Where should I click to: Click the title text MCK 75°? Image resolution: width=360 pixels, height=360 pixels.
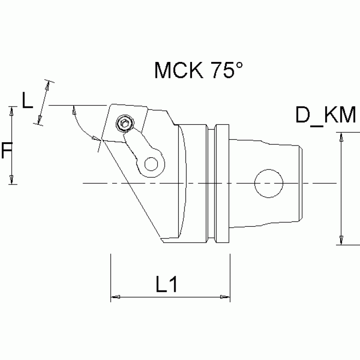pyautogui.click(x=199, y=71)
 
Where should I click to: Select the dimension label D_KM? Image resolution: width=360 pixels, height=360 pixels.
pyautogui.click(x=325, y=115)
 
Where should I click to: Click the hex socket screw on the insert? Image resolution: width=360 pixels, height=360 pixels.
pyautogui.click(x=125, y=124)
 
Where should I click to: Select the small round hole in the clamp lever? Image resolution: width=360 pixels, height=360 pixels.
pyautogui.click(x=151, y=164)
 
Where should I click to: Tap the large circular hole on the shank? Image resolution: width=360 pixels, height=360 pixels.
pyautogui.click(x=268, y=184)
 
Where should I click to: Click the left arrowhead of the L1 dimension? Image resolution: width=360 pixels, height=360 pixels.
pyautogui.click(x=115, y=297)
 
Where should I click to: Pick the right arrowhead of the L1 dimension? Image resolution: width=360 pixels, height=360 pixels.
pyautogui.click(x=225, y=297)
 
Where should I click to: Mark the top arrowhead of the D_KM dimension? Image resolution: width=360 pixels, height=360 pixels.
pyautogui.click(x=342, y=138)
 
